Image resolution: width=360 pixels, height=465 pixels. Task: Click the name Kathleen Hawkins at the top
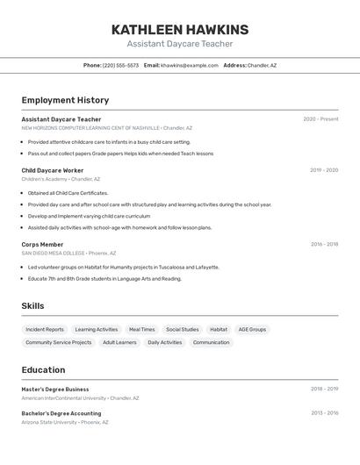click(180, 30)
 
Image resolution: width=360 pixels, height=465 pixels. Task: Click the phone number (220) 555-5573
click(120, 65)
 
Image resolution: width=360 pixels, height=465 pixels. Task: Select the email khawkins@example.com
click(190, 65)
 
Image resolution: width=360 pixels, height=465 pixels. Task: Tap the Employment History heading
click(65, 100)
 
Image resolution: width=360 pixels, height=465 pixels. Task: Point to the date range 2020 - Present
click(320, 119)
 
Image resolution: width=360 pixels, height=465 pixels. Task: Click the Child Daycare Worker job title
click(53, 170)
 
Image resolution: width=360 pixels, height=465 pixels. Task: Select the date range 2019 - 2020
click(324, 170)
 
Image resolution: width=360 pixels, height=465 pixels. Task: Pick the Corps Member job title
click(42, 245)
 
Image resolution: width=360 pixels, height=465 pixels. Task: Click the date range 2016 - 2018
click(324, 245)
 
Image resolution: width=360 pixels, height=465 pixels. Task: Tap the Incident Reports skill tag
click(45, 330)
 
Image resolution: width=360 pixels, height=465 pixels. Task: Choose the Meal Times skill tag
click(141, 330)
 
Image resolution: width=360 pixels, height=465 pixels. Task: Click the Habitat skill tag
click(219, 330)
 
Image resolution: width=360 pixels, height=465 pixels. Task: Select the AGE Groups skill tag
click(252, 330)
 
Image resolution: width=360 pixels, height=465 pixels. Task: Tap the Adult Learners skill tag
click(119, 342)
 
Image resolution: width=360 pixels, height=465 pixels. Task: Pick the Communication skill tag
click(211, 342)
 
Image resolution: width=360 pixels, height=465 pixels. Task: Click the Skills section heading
click(32, 306)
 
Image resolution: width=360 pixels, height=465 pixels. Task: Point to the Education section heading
click(43, 370)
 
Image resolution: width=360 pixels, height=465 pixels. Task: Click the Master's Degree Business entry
click(55, 389)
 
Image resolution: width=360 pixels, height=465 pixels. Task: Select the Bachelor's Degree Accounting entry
click(61, 413)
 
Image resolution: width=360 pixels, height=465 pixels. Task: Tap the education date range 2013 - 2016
click(324, 413)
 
